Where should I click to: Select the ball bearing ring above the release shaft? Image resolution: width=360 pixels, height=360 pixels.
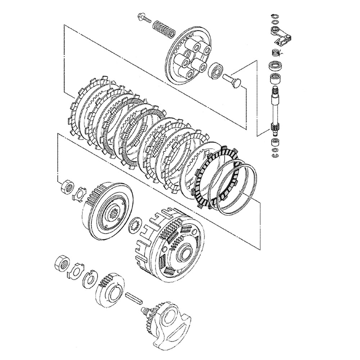coord(275,67)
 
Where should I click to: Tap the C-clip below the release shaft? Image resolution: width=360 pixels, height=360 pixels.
coord(275,155)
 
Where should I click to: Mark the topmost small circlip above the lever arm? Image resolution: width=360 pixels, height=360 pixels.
coord(274,16)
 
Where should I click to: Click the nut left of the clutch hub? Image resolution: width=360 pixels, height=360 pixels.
coord(67,187)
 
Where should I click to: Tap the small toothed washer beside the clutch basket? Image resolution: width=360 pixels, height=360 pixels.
coord(136,226)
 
